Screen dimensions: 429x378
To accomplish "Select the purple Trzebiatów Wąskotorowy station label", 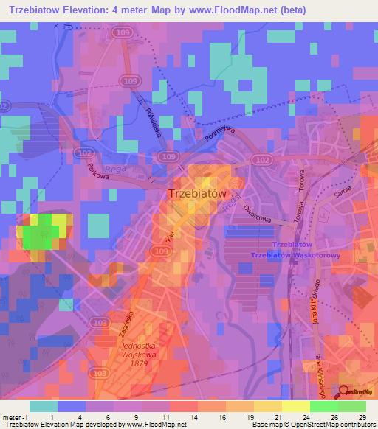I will tap(294, 255).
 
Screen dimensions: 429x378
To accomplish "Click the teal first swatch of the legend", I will tap(43, 406).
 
